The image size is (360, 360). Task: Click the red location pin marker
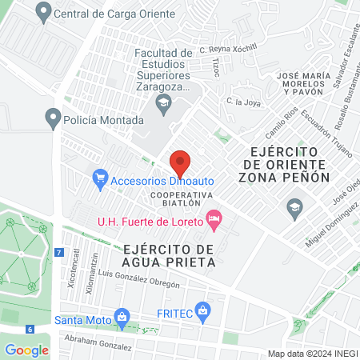tap(180, 162)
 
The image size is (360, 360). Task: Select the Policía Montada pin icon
tap(54, 119)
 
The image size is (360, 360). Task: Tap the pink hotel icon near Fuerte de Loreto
tap(213, 217)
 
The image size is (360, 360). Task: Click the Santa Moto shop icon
tap(122, 316)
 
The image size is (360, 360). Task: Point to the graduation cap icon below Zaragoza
tap(164, 101)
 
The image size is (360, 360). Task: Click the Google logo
tap(26, 350)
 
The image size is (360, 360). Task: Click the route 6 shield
tap(29, 329)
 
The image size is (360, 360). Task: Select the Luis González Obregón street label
tap(150, 277)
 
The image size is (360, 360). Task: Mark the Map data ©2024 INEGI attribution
tap(312, 354)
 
